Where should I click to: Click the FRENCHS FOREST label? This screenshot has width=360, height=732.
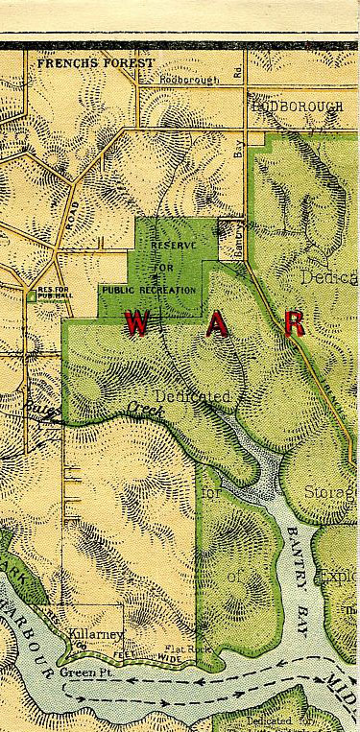pos(94,62)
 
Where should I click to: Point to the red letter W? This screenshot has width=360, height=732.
pos(136,324)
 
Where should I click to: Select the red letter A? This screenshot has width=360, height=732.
pos(218,325)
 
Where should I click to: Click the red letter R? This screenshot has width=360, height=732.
pos(295,323)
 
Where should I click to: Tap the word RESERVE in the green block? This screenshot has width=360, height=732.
pos(173,246)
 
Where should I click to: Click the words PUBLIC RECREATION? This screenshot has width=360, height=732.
pos(148,289)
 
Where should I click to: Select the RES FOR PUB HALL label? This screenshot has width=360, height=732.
pos(48,293)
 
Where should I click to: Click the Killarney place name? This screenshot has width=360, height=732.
pos(92,635)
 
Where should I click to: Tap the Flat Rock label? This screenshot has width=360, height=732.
pos(187,649)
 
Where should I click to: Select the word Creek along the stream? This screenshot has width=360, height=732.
pos(146,411)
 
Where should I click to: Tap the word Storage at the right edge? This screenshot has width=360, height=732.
pos(332,493)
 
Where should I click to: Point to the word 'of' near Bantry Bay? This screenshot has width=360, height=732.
pos(235,576)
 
